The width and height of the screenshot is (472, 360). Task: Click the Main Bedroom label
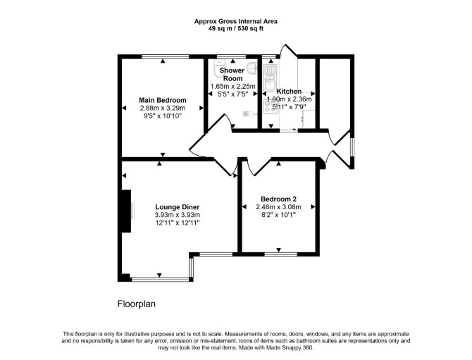point(163,100)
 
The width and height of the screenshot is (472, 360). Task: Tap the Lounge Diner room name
point(178,207)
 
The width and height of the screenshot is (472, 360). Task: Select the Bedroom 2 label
point(278,199)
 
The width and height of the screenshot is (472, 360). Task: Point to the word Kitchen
point(289,91)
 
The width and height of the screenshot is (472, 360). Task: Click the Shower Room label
point(232,75)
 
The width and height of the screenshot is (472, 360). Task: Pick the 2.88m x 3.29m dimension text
point(163,108)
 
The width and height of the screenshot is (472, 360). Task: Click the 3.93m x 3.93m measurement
point(178,215)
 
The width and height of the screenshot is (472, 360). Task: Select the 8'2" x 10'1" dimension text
point(278,215)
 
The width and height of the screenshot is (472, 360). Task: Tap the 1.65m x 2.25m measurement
point(232,87)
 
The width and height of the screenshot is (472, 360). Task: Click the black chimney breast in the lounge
point(126,211)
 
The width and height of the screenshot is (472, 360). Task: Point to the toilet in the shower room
point(219,68)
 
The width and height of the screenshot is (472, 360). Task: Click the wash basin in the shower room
point(252,68)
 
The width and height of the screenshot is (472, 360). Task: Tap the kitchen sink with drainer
point(270,76)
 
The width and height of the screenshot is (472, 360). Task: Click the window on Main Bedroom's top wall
point(166,56)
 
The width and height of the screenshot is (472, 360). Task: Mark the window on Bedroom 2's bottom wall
point(281,254)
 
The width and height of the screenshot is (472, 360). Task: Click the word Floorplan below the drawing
point(137,304)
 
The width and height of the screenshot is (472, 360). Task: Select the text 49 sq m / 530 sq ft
point(236,29)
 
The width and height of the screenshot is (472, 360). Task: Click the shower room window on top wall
point(232,56)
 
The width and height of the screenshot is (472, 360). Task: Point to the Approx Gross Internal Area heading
point(236,21)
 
